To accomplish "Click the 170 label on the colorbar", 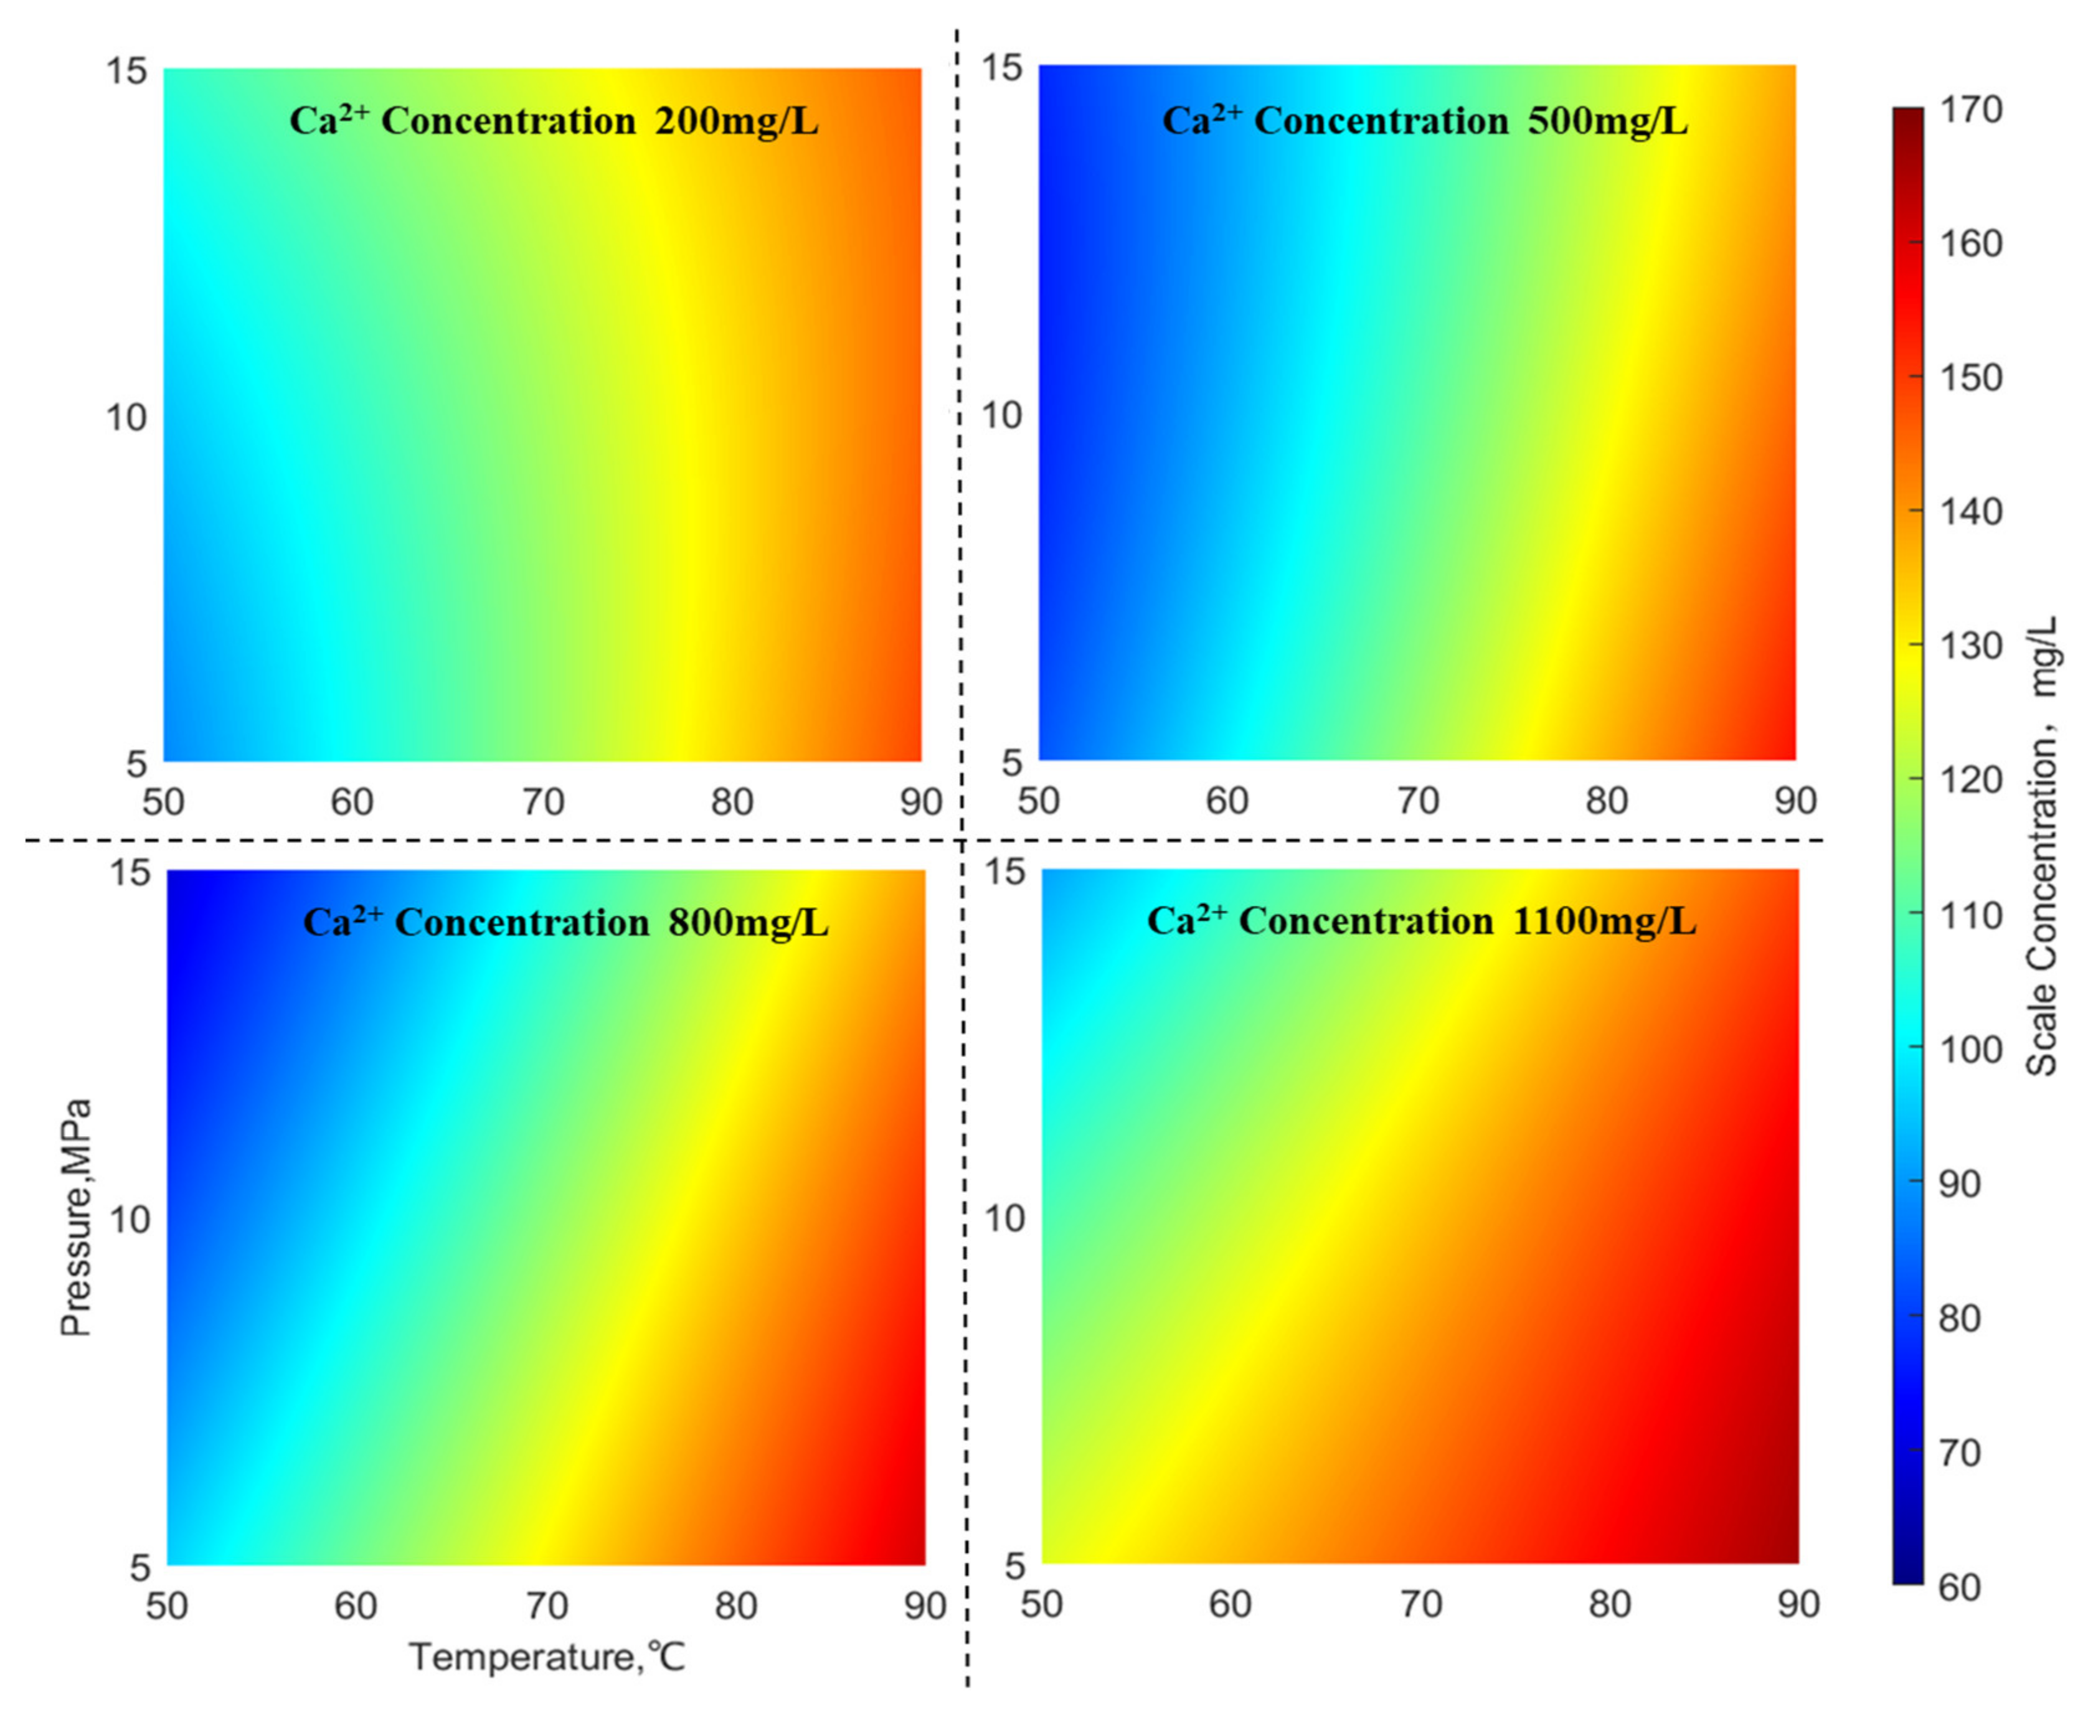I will coord(1971,110).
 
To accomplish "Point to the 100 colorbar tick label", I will coord(1971,1050).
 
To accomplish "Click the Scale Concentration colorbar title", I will coord(2043,847).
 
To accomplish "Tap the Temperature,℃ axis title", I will coord(546,1657).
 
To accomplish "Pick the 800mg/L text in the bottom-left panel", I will coord(747,923).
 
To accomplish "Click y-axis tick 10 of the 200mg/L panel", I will coord(126,418).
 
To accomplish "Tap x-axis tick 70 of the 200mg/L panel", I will coord(542,803).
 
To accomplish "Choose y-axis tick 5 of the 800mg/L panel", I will coord(139,1567).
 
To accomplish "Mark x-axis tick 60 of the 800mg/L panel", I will coord(356,1607).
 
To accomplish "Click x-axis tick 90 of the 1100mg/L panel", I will coord(1798,1604).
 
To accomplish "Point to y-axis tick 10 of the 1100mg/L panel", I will coord(1004,1219).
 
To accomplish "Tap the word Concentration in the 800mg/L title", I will coord(522,923).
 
